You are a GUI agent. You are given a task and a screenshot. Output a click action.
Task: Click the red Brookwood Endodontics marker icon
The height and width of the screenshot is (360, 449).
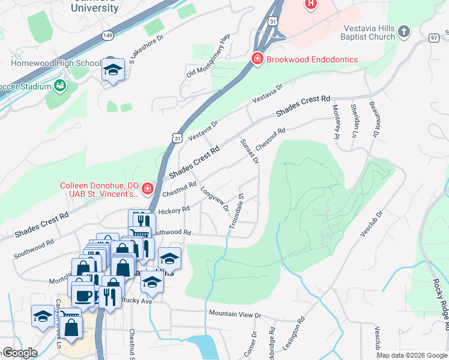pos(257,59)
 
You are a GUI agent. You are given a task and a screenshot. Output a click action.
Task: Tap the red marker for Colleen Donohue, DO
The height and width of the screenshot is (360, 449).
pos(148,190)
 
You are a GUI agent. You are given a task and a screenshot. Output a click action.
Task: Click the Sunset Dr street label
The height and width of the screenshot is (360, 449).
pos(249,151)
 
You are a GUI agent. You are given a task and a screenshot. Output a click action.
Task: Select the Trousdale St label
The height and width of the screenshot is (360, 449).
pos(236,211)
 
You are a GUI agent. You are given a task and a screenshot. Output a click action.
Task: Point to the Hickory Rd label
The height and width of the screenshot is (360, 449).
pos(174,210)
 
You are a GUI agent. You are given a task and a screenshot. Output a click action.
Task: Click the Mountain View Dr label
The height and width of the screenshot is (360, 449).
pos(235,314)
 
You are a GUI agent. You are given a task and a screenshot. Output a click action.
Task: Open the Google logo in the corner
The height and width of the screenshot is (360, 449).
pos(20,353)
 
